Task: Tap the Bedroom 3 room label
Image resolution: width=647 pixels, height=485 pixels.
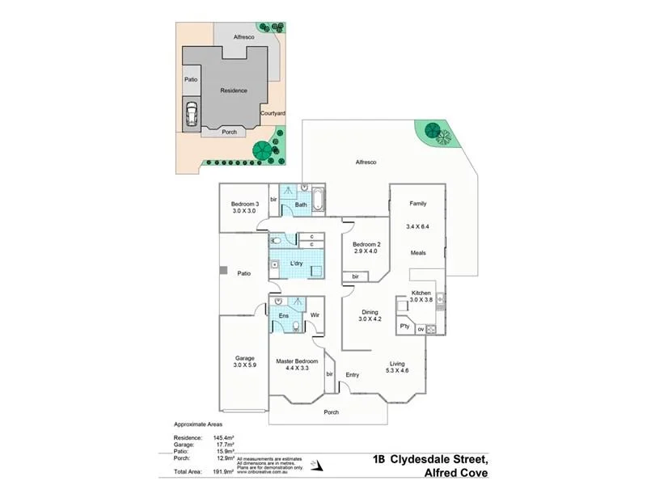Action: (x=244, y=204)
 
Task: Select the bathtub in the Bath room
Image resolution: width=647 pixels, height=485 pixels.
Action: (x=317, y=199)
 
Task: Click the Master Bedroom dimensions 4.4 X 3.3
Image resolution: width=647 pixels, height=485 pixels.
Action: (x=297, y=368)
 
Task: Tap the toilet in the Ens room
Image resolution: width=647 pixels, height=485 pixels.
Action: (x=296, y=327)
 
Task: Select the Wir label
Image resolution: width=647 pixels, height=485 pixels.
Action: (x=315, y=314)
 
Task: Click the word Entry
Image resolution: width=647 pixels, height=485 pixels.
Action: (x=353, y=375)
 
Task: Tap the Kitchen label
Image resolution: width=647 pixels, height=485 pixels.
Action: (x=421, y=292)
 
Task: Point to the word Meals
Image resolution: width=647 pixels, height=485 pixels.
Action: (x=418, y=253)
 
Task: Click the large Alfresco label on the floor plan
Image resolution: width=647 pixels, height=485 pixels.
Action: (x=366, y=162)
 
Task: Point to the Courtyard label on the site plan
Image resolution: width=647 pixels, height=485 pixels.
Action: (x=273, y=114)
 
